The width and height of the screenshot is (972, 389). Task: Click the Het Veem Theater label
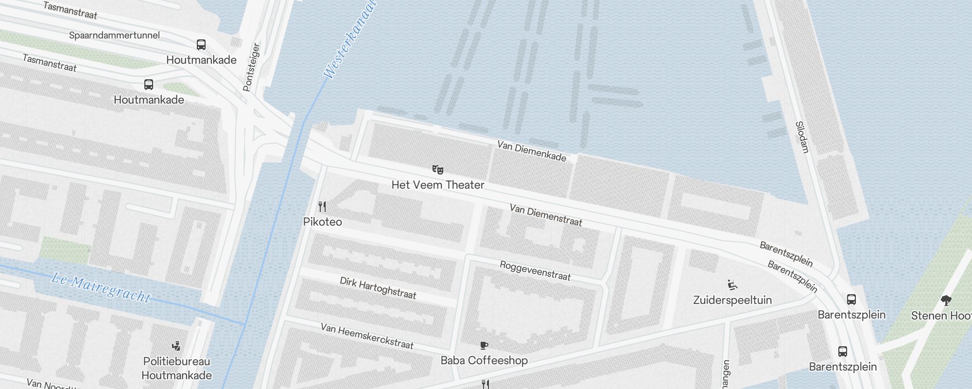[x=438, y=185]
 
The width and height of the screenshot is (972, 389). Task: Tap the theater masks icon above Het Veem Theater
[x=438, y=169]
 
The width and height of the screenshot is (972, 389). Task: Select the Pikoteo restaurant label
[x=322, y=222]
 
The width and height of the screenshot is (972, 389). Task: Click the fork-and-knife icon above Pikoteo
[x=322, y=206]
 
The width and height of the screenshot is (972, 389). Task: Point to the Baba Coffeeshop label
[x=484, y=360]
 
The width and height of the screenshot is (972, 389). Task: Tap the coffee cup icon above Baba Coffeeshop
[x=484, y=345]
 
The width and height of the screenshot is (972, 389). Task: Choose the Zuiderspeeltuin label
[x=732, y=300]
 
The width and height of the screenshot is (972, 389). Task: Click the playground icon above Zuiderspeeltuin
[x=732, y=284]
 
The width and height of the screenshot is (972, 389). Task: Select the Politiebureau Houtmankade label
[x=176, y=368]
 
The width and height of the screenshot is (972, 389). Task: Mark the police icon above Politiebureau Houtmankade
[x=176, y=346]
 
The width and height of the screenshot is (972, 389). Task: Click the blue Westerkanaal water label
[x=350, y=40]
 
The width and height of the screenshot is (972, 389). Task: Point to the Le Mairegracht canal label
[x=101, y=287]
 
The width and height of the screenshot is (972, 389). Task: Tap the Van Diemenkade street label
[x=532, y=151]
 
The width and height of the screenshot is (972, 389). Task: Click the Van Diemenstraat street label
[x=546, y=215]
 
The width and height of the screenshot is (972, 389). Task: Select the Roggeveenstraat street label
[x=535, y=271]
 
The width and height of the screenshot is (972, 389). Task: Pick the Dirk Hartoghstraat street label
[x=378, y=288]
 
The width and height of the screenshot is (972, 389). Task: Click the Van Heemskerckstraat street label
[x=367, y=336]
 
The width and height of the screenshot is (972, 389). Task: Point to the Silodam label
[x=802, y=137]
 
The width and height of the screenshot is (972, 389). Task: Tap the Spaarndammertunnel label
[x=114, y=35]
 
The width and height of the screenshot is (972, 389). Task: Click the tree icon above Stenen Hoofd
[x=946, y=300]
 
